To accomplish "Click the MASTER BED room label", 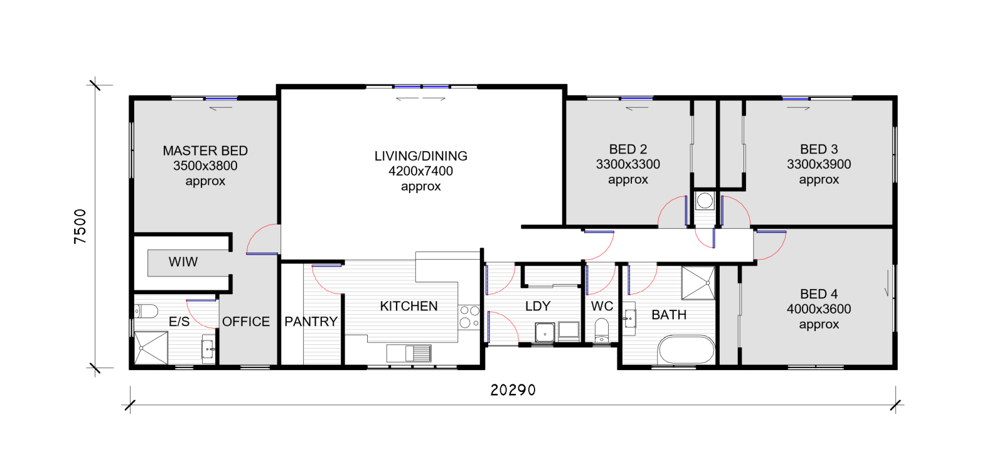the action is coord(205,151).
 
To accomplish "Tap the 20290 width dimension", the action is coord(513,390).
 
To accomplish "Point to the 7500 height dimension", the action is coord(80,226).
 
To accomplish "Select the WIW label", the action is coord(183,262).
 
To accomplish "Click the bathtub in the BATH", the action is coord(686,349).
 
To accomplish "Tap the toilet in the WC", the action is coord(602,331).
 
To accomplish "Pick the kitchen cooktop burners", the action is coord(469,316).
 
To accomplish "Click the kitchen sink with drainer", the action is coord(409,353).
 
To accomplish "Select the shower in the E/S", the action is coord(151,347).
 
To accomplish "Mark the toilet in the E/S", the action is coord(146,311).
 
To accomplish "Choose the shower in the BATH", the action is coord(698,283).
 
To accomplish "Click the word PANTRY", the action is coord(311,321).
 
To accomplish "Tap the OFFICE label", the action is coord(245,321).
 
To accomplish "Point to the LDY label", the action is coord(537,306).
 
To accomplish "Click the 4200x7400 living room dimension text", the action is coord(420,171).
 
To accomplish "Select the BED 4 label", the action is coord(818,294).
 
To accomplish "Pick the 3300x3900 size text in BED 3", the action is coord(818,164).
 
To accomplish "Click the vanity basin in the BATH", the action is coord(629,319).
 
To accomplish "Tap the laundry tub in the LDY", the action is coord(545,332).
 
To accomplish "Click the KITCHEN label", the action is coord(409,306).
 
